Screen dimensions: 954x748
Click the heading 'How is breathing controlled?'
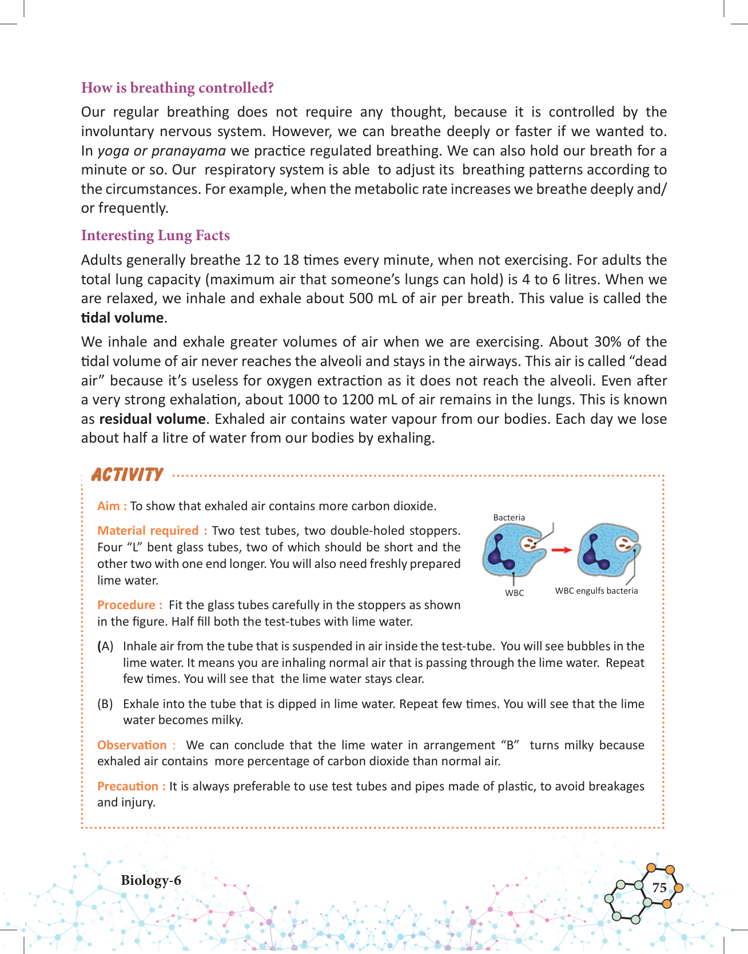pyautogui.click(x=177, y=88)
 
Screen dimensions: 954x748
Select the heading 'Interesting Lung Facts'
pyautogui.click(x=156, y=236)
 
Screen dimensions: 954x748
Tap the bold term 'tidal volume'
pyautogui.click(x=122, y=318)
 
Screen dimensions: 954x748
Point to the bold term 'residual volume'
pyautogui.click(x=152, y=419)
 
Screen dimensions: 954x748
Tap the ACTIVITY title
pyautogui.click(x=128, y=475)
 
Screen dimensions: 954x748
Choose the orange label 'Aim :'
pyautogui.click(x=112, y=506)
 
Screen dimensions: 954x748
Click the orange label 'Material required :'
pyautogui.click(x=152, y=531)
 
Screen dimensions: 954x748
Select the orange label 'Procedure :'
pyautogui.click(x=130, y=605)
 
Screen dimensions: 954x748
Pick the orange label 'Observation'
pyautogui.click(x=132, y=745)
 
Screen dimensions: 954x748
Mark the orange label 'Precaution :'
pyautogui.click(x=132, y=786)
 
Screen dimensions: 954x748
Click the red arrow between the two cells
pyautogui.click(x=562, y=550)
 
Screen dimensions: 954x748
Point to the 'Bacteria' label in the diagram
pyautogui.click(x=509, y=518)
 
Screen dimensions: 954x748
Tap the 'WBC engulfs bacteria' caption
pyautogui.click(x=596, y=591)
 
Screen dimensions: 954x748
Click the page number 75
pyautogui.click(x=659, y=888)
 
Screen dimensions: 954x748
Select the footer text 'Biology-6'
pyautogui.click(x=151, y=880)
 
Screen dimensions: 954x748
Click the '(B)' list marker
pyautogui.click(x=105, y=704)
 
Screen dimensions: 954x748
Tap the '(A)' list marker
pyautogui.click(x=105, y=646)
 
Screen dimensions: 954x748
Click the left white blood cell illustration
pyautogui.click(x=512, y=551)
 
